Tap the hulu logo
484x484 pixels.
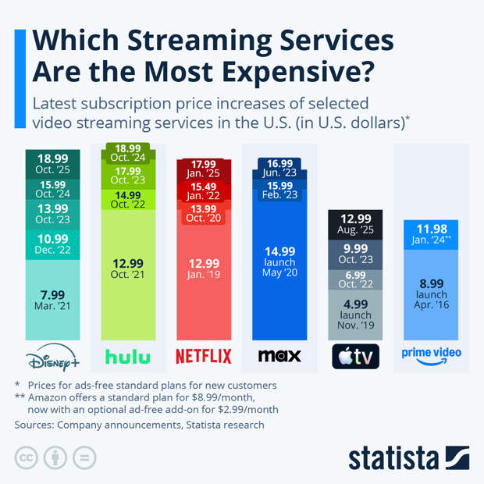click(x=128, y=357)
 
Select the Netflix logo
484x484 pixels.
click(x=203, y=357)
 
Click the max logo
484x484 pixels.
click(x=279, y=357)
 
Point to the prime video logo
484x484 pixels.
click(x=431, y=354)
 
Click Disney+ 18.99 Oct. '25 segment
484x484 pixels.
click(x=52, y=163)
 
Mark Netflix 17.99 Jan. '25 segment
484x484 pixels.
click(x=203, y=169)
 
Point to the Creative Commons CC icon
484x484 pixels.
click(x=27, y=457)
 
